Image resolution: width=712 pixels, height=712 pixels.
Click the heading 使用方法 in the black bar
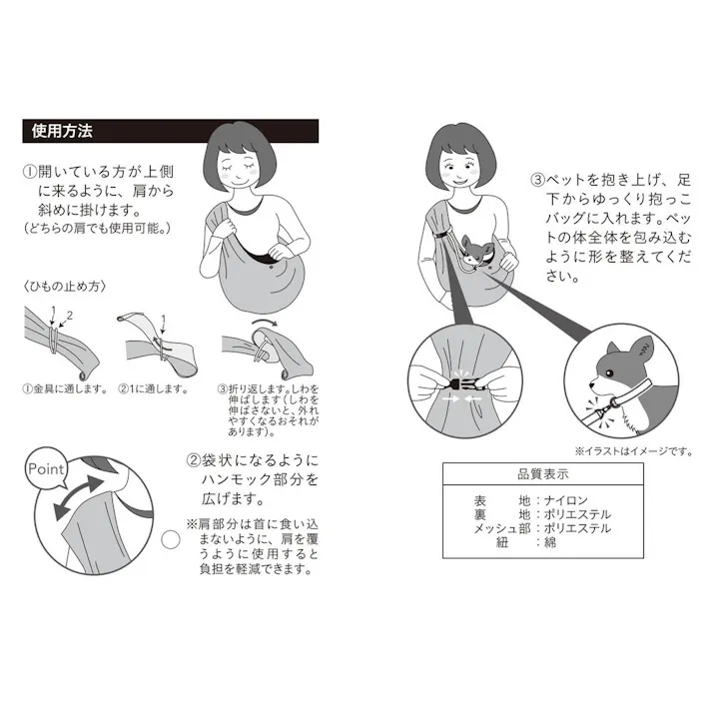(61, 131)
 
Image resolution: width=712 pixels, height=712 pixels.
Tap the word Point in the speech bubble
(48, 468)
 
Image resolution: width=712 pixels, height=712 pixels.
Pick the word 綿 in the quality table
(550, 542)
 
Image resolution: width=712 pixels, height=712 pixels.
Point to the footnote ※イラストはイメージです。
(632, 450)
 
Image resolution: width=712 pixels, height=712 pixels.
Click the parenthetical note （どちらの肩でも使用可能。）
(97, 229)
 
